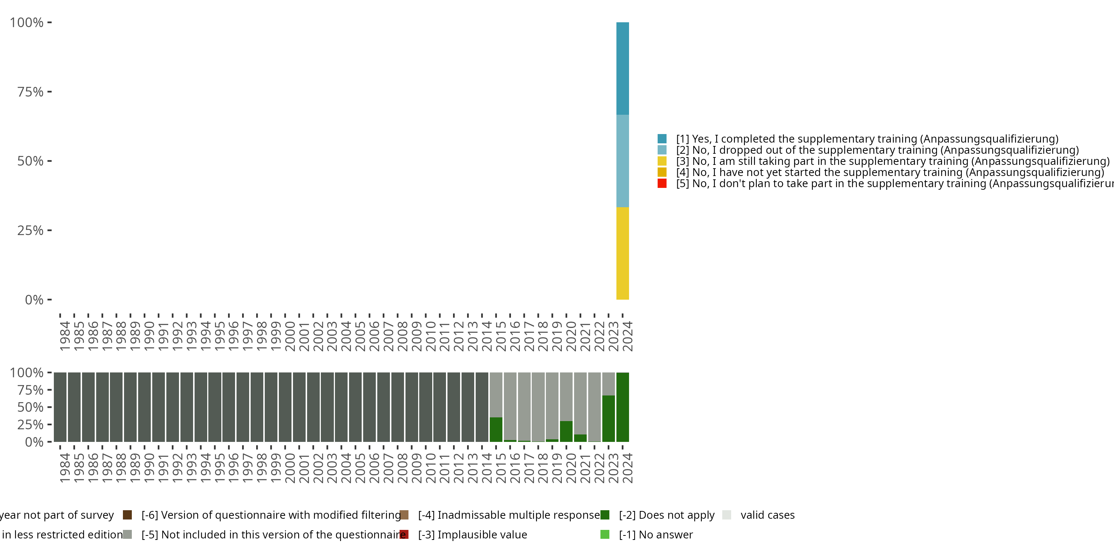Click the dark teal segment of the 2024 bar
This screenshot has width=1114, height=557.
coord(622,68)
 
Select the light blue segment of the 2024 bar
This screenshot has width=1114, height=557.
coord(622,161)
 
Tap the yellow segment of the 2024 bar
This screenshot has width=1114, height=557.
coord(622,253)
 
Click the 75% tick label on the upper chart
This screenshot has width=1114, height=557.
coord(30,92)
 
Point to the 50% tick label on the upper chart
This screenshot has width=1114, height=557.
coord(30,161)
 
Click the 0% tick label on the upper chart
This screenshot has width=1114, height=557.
coord(34,300)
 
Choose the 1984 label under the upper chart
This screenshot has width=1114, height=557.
coord(65,336)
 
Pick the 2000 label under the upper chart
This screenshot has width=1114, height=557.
coord(290,336)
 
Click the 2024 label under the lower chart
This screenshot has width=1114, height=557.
coord(628,468)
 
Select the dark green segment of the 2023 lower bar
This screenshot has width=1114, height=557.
coord(609,418)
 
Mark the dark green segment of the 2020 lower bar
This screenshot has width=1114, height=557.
coord(566,431)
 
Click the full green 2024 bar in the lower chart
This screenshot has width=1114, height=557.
coord(622,407)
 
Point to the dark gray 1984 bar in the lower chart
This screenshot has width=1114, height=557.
coord(60,407)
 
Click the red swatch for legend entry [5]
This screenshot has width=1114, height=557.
coord(662,183)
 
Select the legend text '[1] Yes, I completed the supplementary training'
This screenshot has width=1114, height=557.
coord(867,139)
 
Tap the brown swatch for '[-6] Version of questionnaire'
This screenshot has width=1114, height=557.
coord(127,515)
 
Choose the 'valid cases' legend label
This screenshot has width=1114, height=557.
coord(767,515)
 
